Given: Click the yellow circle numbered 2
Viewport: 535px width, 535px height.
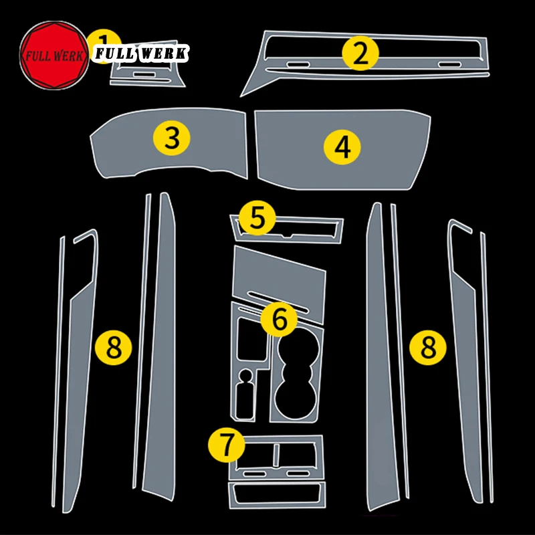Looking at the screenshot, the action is point(360,53).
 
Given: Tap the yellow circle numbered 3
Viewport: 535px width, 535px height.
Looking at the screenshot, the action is point(172,138).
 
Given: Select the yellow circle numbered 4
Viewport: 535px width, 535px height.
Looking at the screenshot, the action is point(342,147).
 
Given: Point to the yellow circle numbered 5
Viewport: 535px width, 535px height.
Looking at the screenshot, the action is point(257,218).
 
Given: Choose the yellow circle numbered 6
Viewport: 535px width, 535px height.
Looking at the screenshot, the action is point(279,319).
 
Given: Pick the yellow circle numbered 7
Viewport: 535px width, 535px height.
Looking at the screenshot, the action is point(227,445).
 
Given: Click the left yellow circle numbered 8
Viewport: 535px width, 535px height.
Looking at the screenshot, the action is point(114,348).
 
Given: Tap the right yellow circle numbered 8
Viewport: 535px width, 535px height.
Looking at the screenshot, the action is point(428,348).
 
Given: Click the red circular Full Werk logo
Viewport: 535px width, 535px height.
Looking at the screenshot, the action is point(54,56).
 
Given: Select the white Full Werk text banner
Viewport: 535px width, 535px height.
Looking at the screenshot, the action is point(140,53).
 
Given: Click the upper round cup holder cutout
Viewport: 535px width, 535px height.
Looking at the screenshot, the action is point(298,350).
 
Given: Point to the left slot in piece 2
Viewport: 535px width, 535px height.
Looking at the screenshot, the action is point(298,64).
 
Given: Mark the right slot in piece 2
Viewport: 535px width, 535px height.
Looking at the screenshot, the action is point(449,64).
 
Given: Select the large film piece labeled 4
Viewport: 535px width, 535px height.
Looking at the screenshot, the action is point(342,149).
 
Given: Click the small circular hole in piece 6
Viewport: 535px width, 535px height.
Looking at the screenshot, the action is point(245,375).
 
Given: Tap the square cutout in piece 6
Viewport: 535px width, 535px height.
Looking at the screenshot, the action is point(253,339).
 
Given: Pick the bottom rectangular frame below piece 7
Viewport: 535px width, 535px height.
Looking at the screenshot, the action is point(277,495).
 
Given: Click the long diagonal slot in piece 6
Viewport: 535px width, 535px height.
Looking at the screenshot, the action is point(278,302).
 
